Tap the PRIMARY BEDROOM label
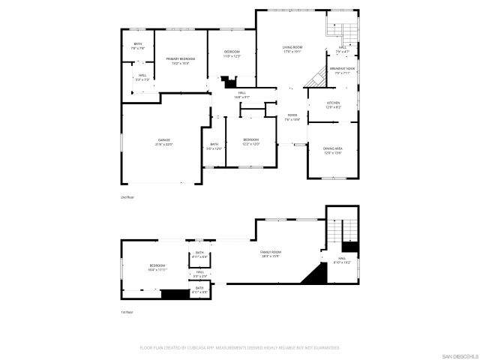click(x=181, y=60)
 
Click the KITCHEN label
click(x=333, y=104)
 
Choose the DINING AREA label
click(x=332, y=150)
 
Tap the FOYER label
click(x=292, y=117)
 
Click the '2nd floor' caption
click(x=127, y=196)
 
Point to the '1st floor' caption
click(x=127, y=312)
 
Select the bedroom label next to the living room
click(x=232, y=53)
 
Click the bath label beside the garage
click(x=214, y=146)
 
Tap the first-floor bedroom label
click(x=157, y=266)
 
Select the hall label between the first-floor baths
click(x=200, y=274)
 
